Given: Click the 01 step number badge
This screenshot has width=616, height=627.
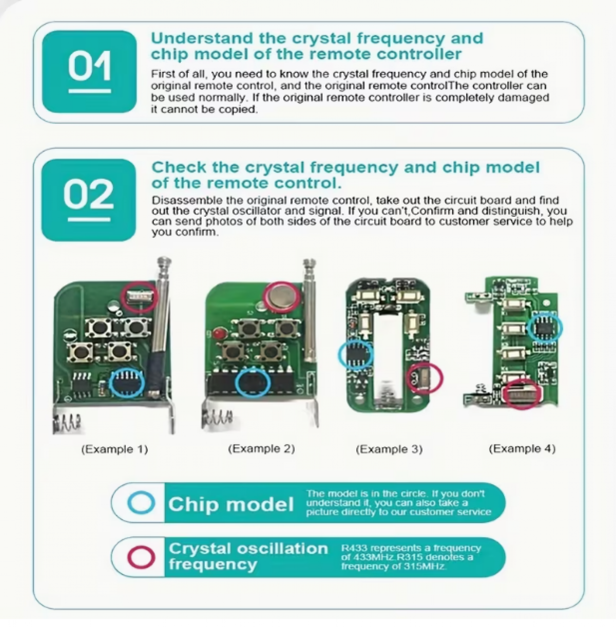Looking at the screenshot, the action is coord(89,72).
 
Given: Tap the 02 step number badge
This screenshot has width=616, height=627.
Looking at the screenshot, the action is coord(88,200).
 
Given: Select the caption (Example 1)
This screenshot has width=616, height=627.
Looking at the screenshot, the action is coord(114,449).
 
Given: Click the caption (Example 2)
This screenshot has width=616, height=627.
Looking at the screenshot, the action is coord(261,449).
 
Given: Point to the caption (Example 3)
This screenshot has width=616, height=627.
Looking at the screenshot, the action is coord(389,449).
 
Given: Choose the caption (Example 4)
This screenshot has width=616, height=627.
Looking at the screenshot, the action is coord(522,449).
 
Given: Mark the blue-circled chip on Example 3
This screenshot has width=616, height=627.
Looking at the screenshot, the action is coord(355,355).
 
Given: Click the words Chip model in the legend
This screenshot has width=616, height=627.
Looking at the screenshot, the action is coord(230,504).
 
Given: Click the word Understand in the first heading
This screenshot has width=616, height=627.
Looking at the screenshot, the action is coord(202,39).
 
